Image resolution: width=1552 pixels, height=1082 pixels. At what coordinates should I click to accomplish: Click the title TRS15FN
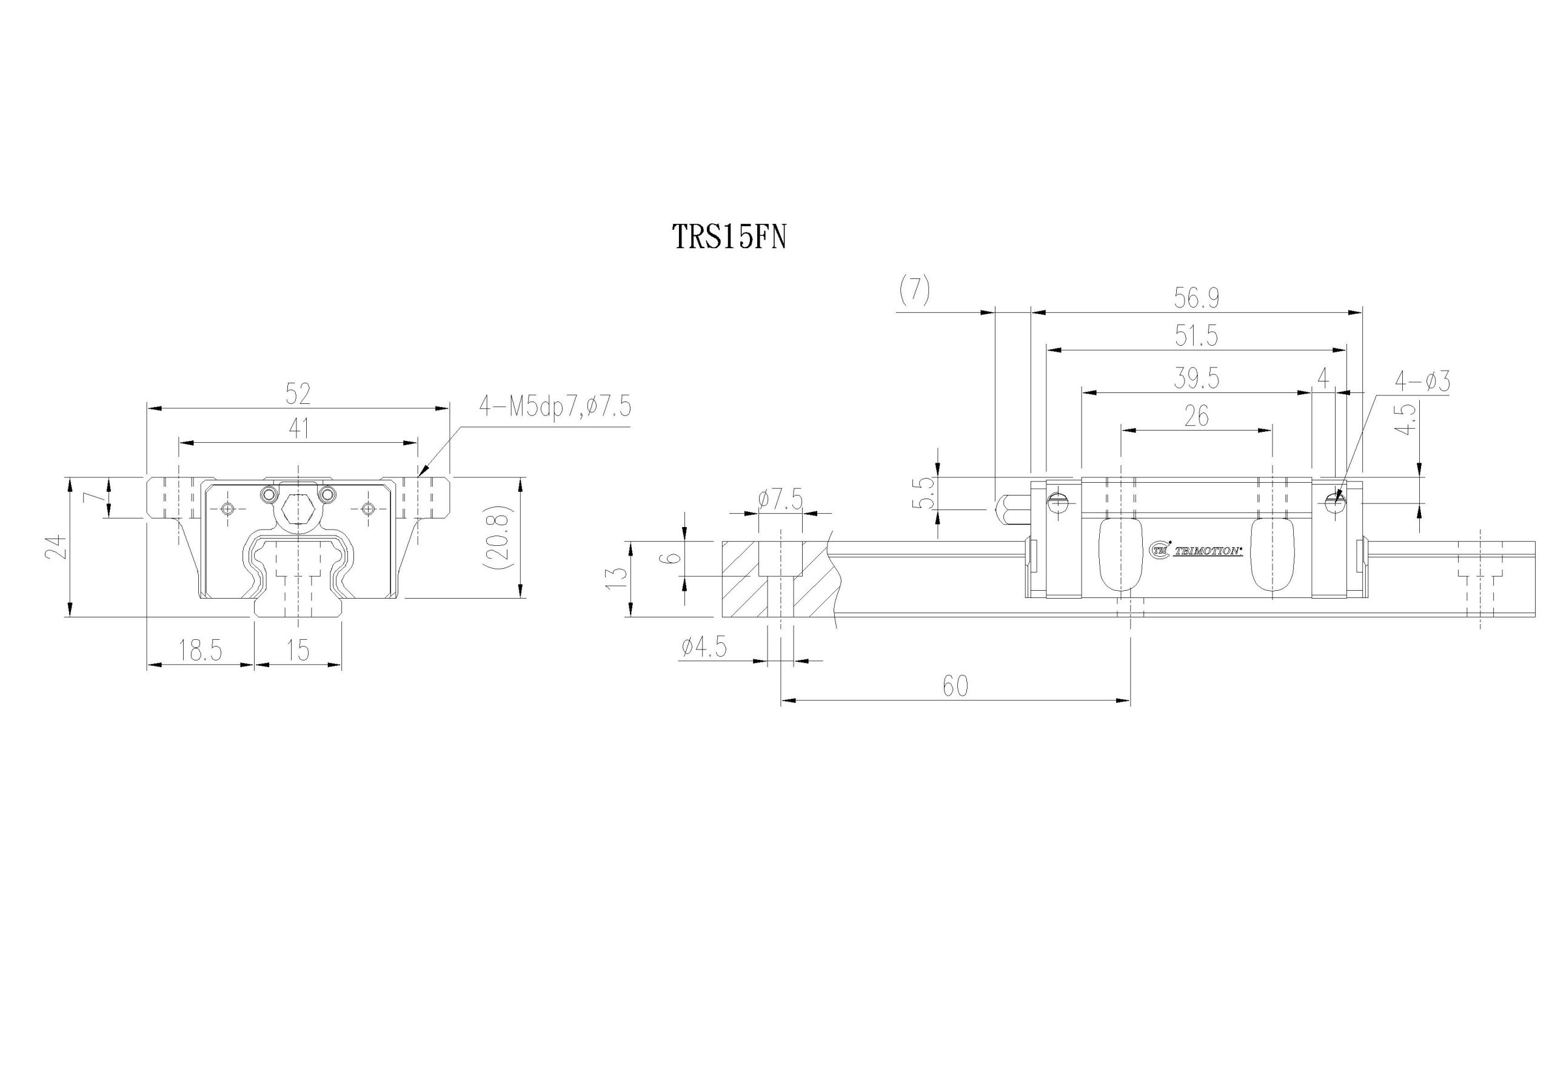(x=729, y=237)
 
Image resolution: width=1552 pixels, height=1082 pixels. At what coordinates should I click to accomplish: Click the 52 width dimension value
(x=298, y=393)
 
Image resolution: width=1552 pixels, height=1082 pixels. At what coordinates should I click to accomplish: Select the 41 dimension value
(x=298, y=428)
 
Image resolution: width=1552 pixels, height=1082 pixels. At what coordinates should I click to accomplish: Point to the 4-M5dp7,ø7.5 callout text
(x=555, y=406)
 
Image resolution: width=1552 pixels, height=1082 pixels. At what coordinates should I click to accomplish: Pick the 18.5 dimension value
(x=200, y=651)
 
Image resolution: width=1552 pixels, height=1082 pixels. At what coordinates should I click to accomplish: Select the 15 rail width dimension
(x=298, y=651)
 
